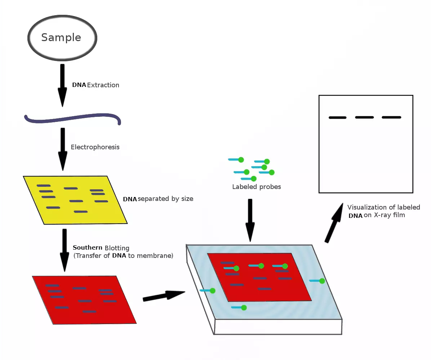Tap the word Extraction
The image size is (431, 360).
[x=103, y=85]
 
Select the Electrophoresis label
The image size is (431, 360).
[x=95, y=147]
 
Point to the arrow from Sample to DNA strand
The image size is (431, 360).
[x=62, y=85]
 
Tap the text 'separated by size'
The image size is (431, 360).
[x=165, y=199]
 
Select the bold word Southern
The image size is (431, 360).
[x=88, y=248]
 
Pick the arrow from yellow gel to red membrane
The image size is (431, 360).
[x=65, y=250]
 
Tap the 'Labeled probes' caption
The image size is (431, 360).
[x=257, y=187]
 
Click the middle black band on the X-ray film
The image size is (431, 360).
[x=364, y=117]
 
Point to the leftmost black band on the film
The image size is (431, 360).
[x=338, y=118]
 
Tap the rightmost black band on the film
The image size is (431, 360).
[x=391, y=117]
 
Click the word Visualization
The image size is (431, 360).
[x=367, y=207]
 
